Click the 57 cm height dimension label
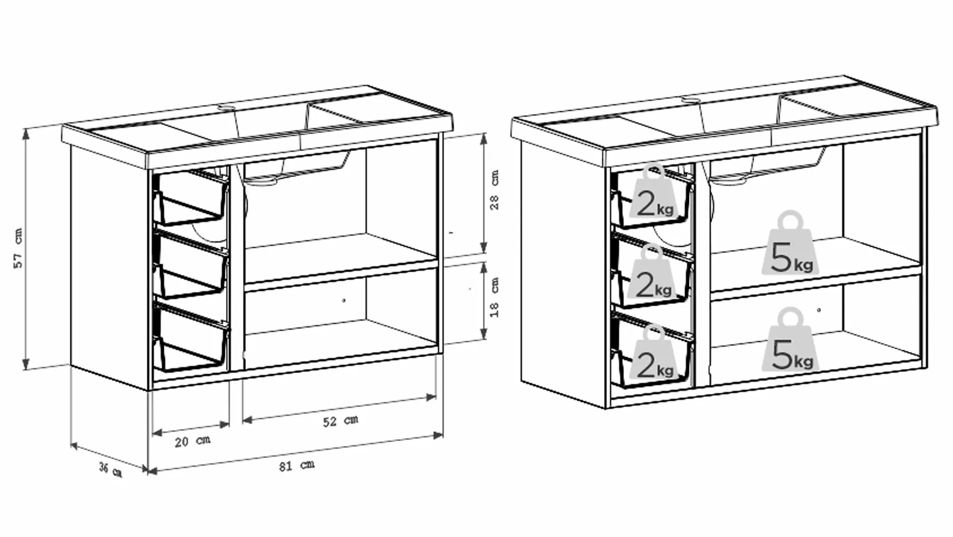(18, 248)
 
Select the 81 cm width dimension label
(296, 465)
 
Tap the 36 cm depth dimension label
(110, 469)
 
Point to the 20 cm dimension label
(192, 441)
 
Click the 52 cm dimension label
(340, 421)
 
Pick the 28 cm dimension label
(494, 190)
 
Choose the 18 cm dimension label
(494, 297)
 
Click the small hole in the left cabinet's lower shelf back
(344, 301)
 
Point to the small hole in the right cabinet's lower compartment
(819, 310)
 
